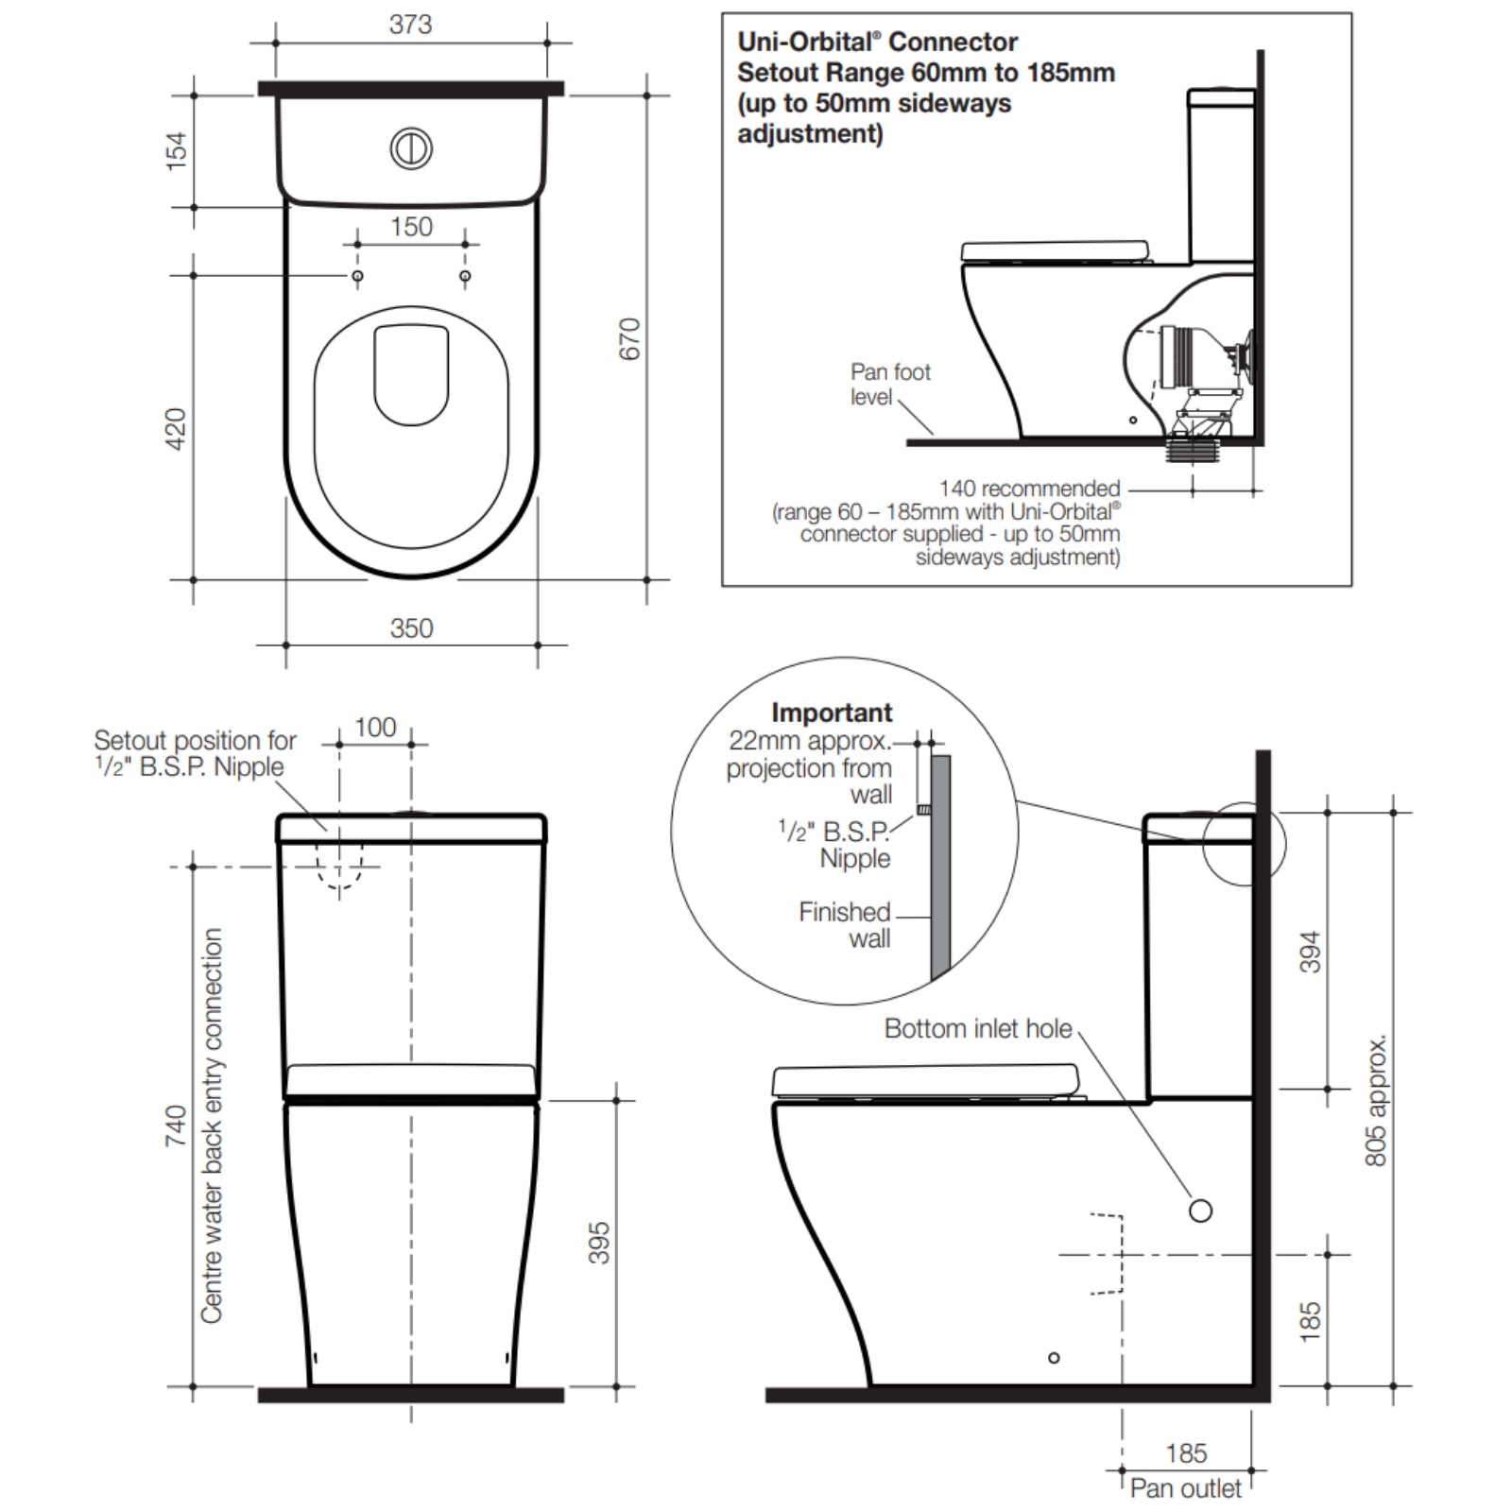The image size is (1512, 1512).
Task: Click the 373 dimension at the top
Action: coord(410,24)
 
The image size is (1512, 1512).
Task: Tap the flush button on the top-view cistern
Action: coord(411,148)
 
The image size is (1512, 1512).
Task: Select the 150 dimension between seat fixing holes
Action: coord(411,227)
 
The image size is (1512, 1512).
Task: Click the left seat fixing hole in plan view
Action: coord(357,276)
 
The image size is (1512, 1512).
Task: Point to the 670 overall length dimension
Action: coord(629,338)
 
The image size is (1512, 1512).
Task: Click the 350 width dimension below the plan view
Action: coord(411,628)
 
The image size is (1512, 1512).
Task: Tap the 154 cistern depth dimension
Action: coord(177,151)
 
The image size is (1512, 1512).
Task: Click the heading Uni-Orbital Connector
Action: coord(877,43)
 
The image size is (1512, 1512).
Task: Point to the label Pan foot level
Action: coord(889,384)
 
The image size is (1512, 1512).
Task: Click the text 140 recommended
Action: coord(1029,489)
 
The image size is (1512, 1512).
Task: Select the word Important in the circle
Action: coord(832,713)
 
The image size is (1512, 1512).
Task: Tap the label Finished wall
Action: coord(845,925)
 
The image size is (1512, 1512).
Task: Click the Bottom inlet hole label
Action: coord(978,1028)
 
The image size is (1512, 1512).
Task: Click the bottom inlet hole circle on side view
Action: coord(1200,1211)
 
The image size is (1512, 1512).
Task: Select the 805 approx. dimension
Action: coord(1376,1101)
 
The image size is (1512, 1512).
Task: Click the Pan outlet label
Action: coord(1185,1488)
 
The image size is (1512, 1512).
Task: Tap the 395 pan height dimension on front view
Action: coord(599,1243)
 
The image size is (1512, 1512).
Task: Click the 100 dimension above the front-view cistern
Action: coord(375,727)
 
